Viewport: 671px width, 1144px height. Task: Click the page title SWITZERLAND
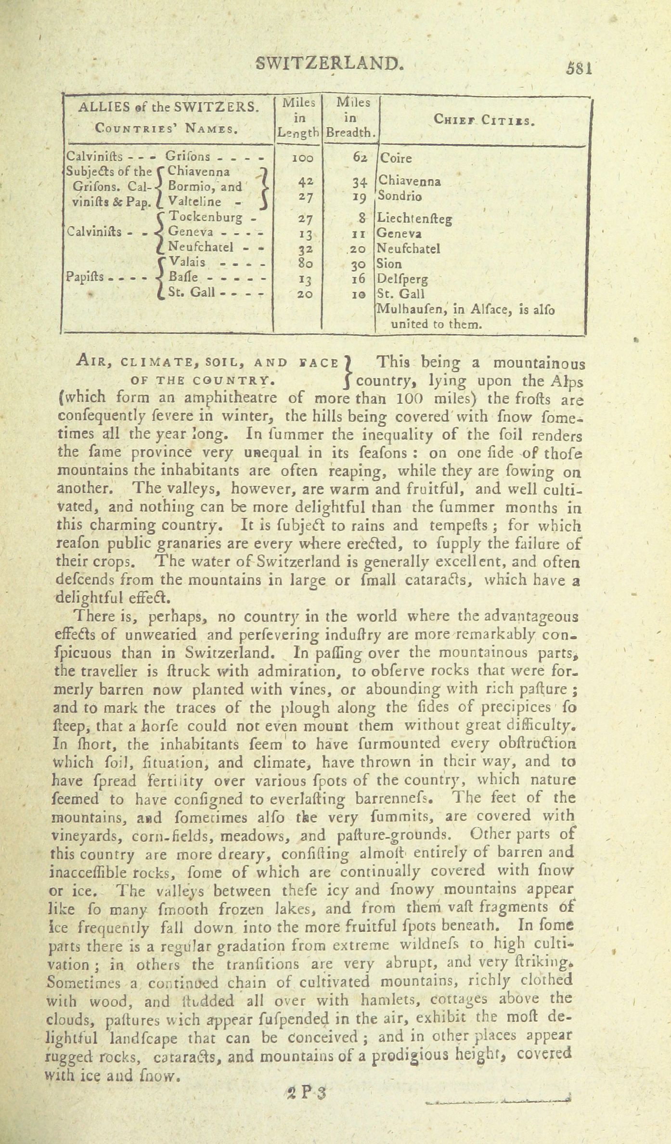(x=329, y=63)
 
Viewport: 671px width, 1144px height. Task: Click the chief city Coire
(x=396, y=158)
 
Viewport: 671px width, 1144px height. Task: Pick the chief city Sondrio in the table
(x=400, y=196)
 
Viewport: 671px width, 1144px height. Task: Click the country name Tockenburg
(x=206, y=217)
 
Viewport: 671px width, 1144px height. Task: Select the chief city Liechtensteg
(x=415, y=219)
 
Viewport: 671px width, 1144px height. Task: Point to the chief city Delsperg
(x=402, y=279)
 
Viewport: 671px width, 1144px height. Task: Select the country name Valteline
(x=195, y=202)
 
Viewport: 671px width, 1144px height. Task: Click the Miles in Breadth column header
(x=351, y=117)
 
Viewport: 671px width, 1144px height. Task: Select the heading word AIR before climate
(x=93, y=364)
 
